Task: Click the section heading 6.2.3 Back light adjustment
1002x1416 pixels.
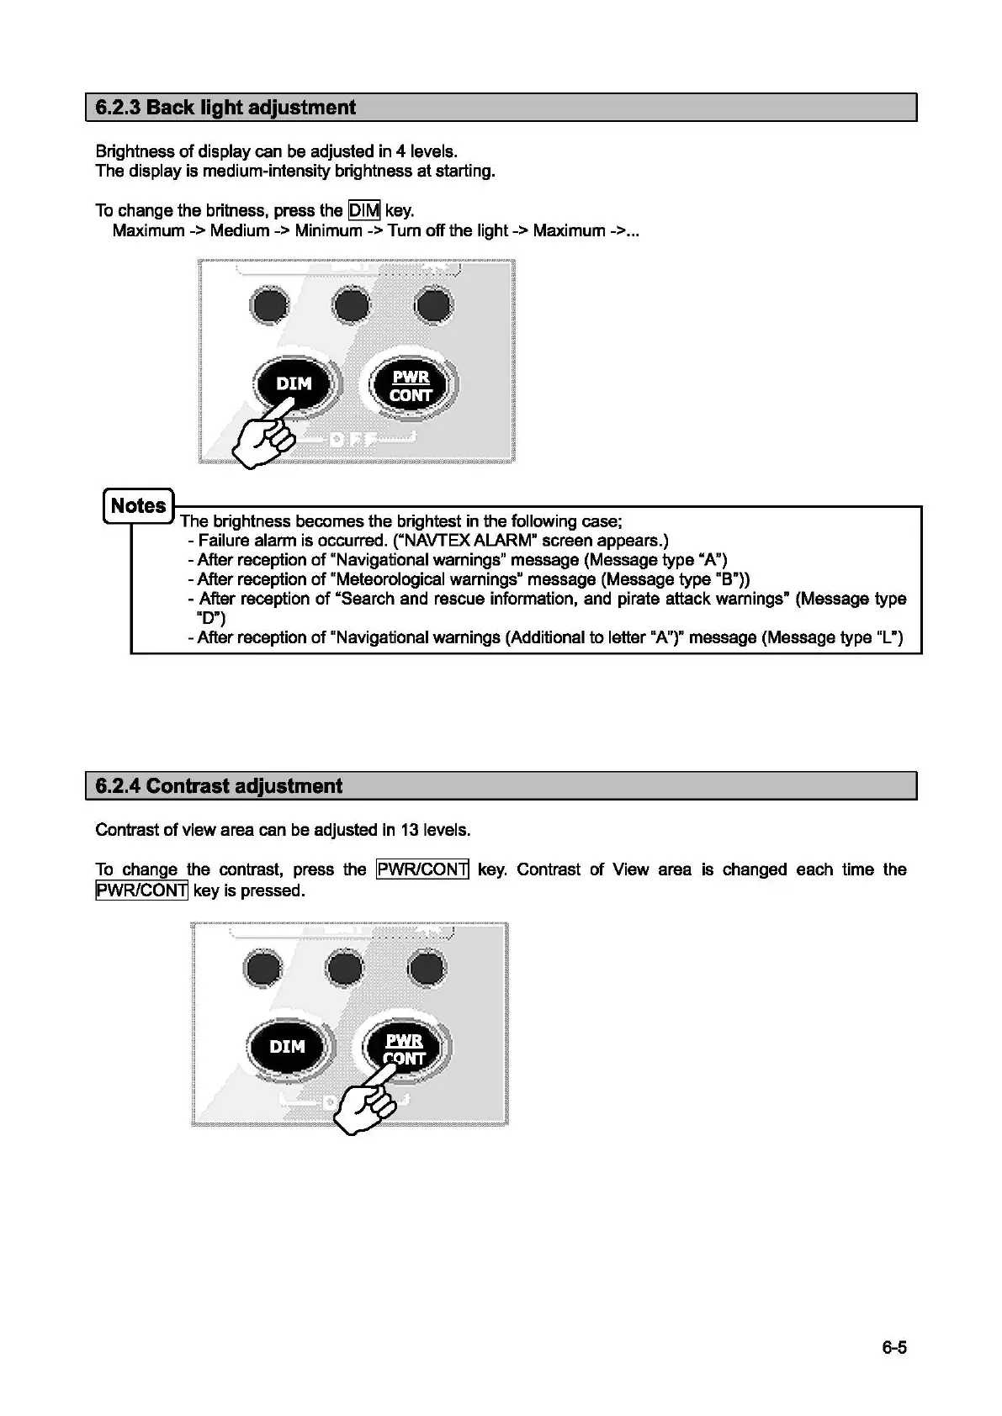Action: click(225, 108)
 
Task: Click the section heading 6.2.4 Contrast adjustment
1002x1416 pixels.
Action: click(219, 786)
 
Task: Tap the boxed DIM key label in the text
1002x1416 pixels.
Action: click(363, 210)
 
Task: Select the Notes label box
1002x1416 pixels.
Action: click(139, 505)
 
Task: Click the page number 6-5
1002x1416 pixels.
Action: click(894, 1348)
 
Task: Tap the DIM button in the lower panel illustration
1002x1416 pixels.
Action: click(287, 1047)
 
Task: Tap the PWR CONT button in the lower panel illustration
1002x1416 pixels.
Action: click(405, 1049)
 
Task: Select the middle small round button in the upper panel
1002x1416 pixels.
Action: click(351, 305)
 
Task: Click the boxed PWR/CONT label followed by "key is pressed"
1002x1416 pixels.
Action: click(141, 890)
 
